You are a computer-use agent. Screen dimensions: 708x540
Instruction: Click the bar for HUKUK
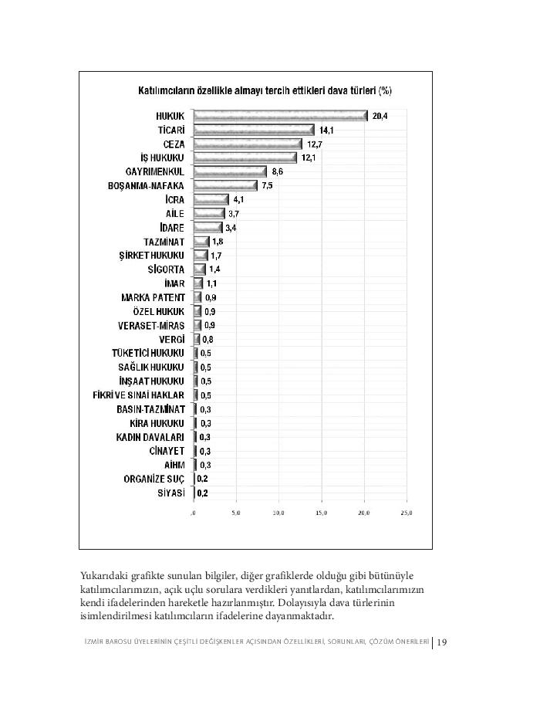click(x=280, y=116)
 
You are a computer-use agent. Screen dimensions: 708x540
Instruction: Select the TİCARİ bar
click(x=254, y=130)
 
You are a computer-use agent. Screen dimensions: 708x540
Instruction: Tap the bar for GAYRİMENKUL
click(x=230, y=171)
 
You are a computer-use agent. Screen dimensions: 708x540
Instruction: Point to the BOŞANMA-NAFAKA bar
click(x=225, y=185)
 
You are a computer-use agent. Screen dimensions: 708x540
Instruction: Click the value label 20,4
click(x=379, y=116)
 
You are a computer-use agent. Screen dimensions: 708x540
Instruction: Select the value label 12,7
click(x=313, y=144)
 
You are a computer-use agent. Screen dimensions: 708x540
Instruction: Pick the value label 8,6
click(x=278, y=171)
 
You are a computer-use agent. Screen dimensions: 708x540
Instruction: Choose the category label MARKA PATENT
click(x=153, y=297)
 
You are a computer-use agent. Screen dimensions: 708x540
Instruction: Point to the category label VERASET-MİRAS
click(x=151, y=325)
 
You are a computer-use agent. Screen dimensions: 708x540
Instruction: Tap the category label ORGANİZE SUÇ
click(x=154, y=479)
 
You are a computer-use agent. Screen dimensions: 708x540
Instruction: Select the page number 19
click(x=442, y=642)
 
